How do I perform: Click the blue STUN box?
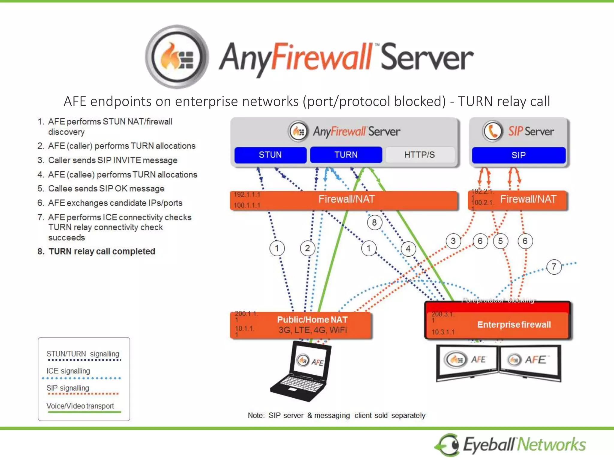tap(270, 155)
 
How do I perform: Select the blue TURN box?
tap(346, 155)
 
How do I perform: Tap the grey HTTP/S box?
tap(419, 155)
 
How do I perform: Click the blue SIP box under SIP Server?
tap(518, 155)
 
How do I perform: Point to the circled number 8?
tap(374, 223)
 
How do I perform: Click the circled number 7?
tap(553, 267)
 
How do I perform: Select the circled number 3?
tap(453, 241)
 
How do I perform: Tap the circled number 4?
tap(408, 249)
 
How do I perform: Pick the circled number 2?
tap(307, 248)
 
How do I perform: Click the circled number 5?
tap(500, 241)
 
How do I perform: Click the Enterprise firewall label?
tap(514, 325)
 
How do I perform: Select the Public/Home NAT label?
tap(312, 320)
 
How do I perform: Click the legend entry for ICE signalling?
tap(68, 371)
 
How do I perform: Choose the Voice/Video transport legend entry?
tap(80, 406)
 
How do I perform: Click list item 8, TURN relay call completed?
tap(102, 251)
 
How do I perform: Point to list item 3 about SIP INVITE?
tap(112, 160)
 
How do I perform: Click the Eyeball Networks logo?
tap(510, 444)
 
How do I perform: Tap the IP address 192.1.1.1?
tap(247, 195)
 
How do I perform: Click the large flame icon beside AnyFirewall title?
tap(177, 57)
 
